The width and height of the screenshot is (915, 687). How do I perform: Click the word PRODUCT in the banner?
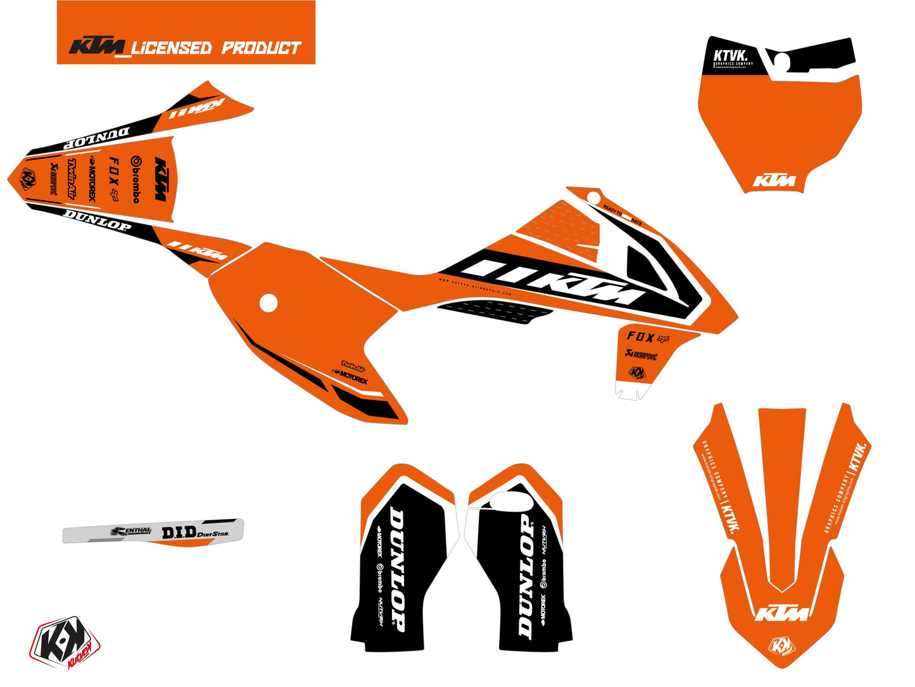click(x=260, y=48)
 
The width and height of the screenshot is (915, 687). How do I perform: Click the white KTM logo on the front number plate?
click(x=774, y=181)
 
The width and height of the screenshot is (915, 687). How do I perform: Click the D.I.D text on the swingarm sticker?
click(x=179, y=533)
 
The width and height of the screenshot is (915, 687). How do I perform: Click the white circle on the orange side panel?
click(x=268, y=303)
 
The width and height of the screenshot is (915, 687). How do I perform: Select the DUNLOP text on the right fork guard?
click(x=526, y=575)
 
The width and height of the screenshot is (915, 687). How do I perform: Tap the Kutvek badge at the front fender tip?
click(x=780, y=646)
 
